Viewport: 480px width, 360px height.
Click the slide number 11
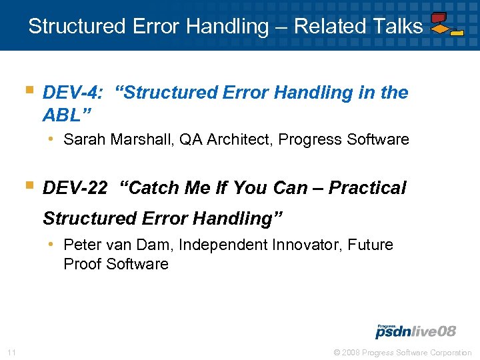[11, 352]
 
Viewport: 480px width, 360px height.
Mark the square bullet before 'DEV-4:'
[29, 89]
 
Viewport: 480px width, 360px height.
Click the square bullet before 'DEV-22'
[29, 185]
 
